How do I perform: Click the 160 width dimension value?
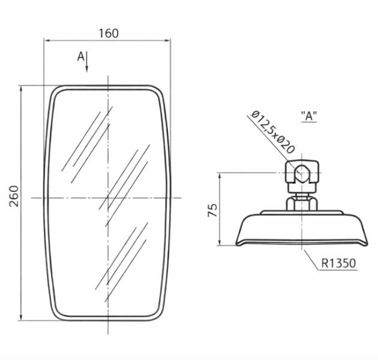point(109,33)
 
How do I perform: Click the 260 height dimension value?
point(14,196)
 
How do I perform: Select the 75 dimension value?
point(212,210)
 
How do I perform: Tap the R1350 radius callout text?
point(338,263)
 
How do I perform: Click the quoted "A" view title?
point(309,116)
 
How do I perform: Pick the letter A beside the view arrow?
point(81,56)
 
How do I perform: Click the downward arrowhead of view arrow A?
point(87,69)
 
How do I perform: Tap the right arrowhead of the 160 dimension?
point(167,41)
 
